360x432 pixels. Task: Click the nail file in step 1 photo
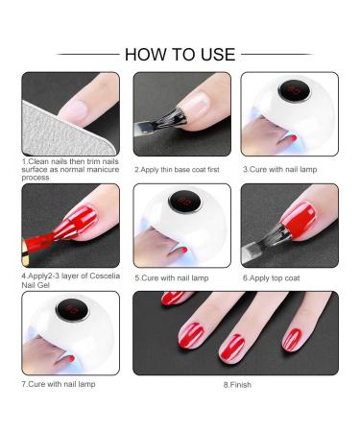(x=42, y=115)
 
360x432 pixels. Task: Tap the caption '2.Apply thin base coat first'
(x=179, y=168)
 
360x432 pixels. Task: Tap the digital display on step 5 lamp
(x=180, y=204)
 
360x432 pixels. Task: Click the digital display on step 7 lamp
(x=72, y=310)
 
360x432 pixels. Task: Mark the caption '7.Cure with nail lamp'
(x=60, y=384)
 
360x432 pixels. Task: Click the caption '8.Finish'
(x=234, y=384)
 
